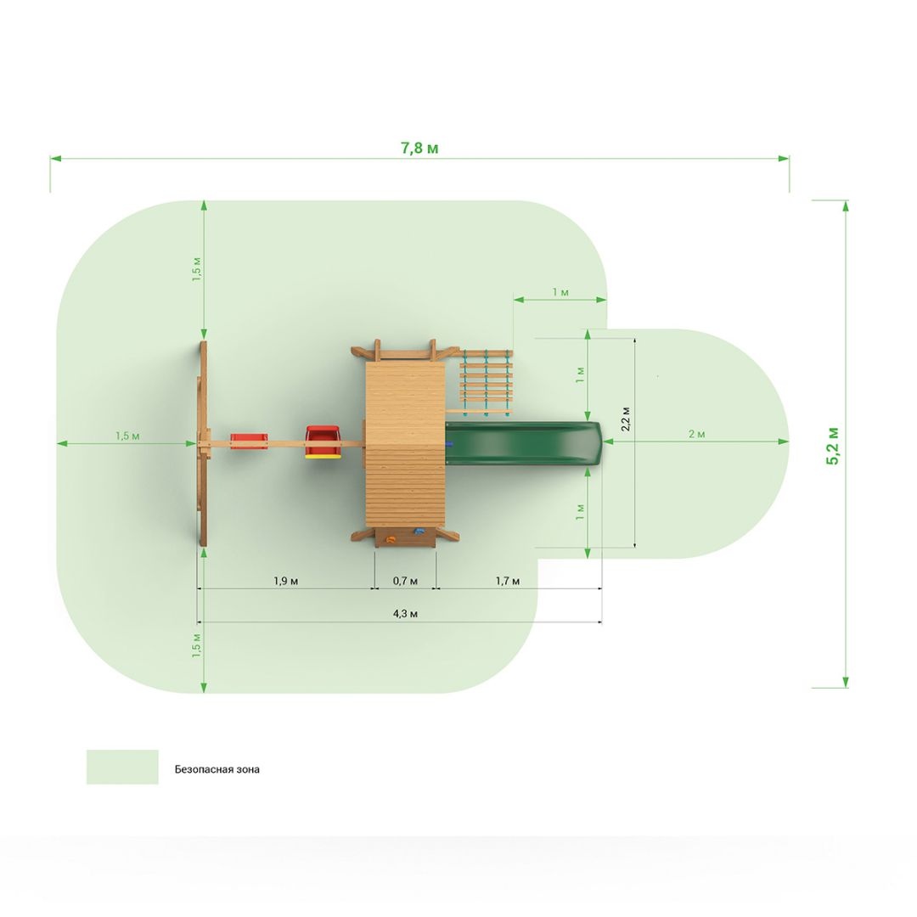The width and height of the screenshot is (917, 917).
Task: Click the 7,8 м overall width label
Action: [419, 148]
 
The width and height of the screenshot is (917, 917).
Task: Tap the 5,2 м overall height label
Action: [832, 447]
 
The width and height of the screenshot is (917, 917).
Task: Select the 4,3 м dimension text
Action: [405, 614]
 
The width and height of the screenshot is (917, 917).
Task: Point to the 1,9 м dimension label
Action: [285, 581]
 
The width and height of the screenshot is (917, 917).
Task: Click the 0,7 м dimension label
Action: [405, 581]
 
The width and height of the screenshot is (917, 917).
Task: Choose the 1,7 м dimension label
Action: [507, 581]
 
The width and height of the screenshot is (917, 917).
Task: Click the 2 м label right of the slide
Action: [696, 434]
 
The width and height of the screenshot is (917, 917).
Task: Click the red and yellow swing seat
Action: [323, 442]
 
